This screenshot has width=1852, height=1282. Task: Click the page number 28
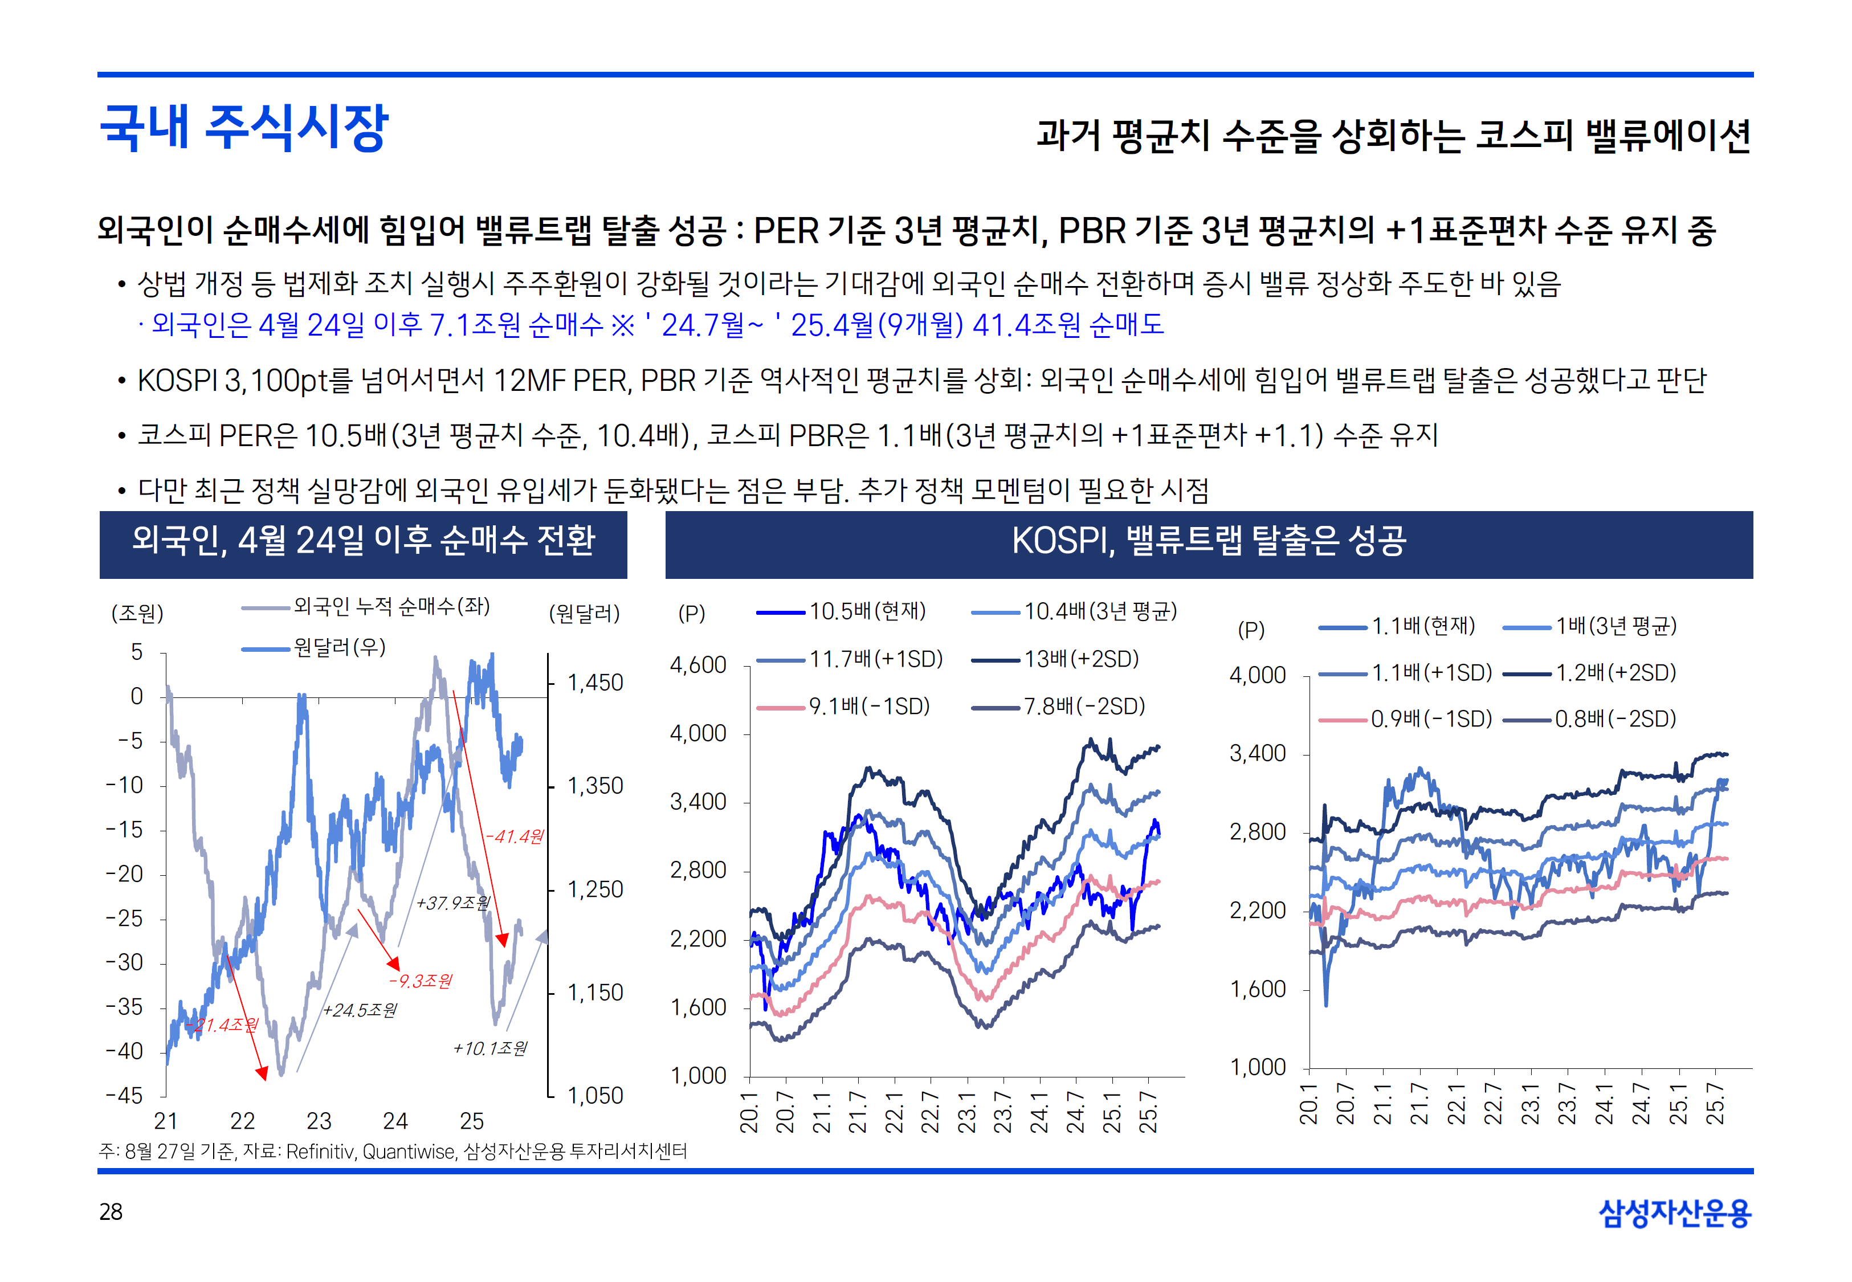[111, 1211]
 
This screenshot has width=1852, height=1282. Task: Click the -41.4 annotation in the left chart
[514, 836]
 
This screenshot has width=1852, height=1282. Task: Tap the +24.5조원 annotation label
[360, 1010]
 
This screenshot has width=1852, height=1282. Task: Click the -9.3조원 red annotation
[420, 981]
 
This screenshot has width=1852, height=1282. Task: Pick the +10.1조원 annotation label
[490, 1048]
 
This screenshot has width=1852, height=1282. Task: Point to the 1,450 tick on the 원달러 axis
[595, 683]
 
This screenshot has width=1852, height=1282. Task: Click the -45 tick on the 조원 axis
[124, 1096]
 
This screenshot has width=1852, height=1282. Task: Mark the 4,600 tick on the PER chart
[698, 665]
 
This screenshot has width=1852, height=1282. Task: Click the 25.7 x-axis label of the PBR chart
[1715, 1104]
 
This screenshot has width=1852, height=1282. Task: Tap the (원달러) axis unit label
[584, 614]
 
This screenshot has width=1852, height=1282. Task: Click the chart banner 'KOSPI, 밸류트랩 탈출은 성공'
[1209, 541]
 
